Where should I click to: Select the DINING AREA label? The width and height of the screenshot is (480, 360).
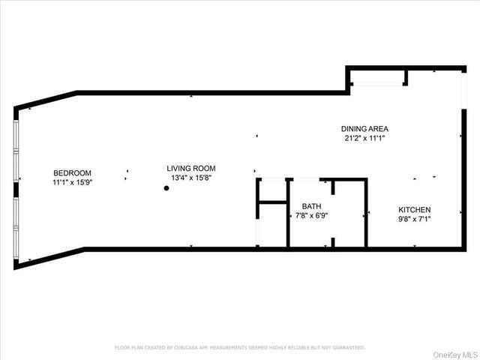364,128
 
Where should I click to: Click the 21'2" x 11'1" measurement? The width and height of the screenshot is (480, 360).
364,138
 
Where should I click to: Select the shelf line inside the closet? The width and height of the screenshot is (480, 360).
272,202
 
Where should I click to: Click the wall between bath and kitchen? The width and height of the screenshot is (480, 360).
366,214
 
